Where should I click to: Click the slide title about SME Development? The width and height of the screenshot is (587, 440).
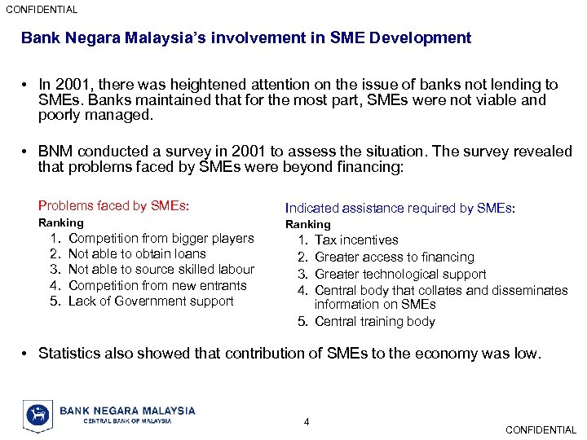(x=245, y=38)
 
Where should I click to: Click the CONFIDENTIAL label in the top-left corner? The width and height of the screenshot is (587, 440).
(x=42, y=10)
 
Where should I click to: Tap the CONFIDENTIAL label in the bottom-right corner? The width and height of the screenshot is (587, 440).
(x=541, y=429)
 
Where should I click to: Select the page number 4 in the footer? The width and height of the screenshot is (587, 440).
(x=307, y=421)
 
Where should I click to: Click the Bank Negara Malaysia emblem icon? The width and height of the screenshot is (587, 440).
(x=38, y=415)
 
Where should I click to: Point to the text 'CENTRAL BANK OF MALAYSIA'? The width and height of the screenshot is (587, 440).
(x=128, y=421)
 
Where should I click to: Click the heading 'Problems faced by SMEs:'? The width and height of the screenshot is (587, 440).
(x=113, y=206)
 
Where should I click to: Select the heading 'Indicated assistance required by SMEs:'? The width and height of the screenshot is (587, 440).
(x=399, y=208)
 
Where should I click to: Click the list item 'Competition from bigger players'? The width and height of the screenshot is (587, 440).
(x=161, y=239)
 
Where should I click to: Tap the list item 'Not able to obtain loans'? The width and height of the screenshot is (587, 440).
(x=137, y=254)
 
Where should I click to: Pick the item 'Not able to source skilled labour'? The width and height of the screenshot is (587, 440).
(x=161, y=270)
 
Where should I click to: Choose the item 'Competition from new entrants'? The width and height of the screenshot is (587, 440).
(x=157, y=285)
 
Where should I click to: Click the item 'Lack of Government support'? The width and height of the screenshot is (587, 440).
(x=151, y=301)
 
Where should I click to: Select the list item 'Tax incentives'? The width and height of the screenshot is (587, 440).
(x=356, y=240)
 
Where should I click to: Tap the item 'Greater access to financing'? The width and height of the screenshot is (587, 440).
(x=395, y=257)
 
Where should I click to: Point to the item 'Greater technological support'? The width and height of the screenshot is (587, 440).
(x=400, y=275)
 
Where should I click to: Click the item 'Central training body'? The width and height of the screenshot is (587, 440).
(x=375, y=322)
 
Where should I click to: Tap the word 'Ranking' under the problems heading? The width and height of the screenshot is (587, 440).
(x=61, y=222)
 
